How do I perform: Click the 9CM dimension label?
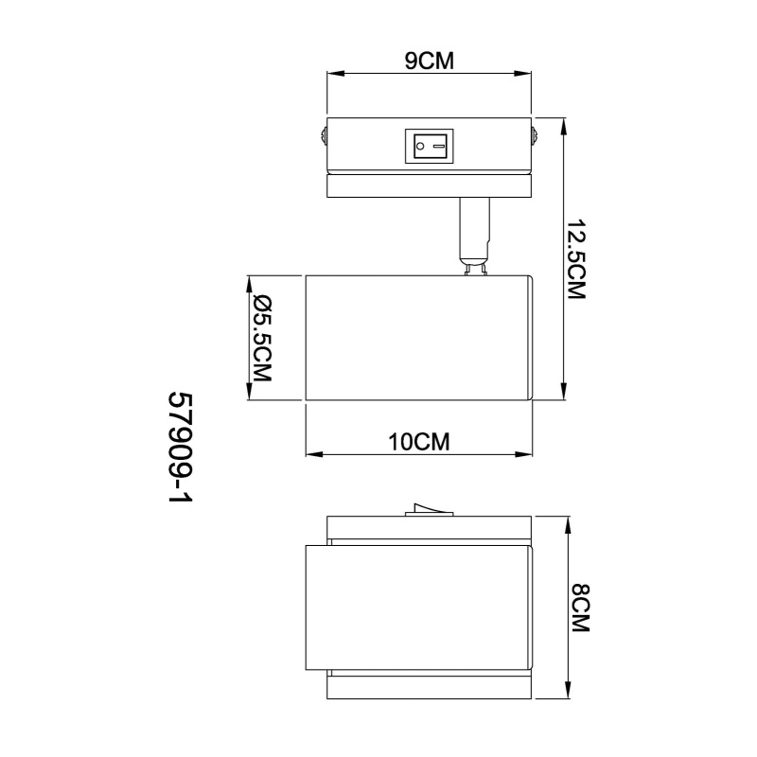[430, 62]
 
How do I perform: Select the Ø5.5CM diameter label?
[262, 338]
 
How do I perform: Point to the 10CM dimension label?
[418, 442]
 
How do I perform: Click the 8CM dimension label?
[580, 609]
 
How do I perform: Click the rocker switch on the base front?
[431, 146]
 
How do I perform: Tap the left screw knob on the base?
[323, 138]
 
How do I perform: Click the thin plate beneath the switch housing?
[430, 186]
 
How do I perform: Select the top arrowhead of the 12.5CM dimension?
[565, 126]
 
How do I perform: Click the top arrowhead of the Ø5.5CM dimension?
[249, 282]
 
